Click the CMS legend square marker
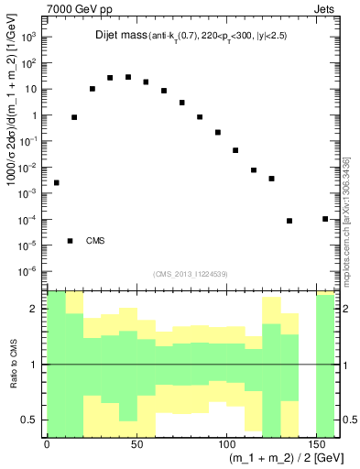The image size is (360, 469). pyautogui.click(x=71, y=241)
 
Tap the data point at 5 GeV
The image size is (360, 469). pyautogui.click(x=57, y=182)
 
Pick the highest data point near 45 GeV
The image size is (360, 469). pyautogui.click(x=128, y=77)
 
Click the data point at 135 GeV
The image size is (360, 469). pyautogui.click(x=289, y=221)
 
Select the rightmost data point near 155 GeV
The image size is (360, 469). pyautogui.click(x=325, y=219)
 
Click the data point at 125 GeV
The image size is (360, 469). pyautogui.click(x=271, y=179)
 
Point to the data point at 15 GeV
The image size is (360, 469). pyautogui.click(x=74, y=117)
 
